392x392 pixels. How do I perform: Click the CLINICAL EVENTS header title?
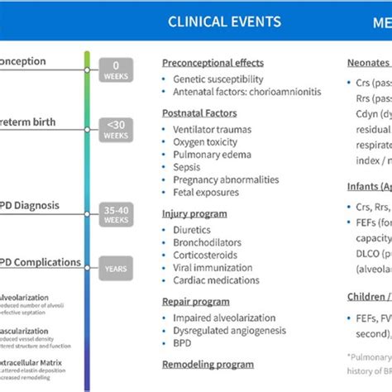225,22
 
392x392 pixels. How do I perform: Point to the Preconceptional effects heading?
213,63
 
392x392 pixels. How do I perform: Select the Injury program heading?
194,214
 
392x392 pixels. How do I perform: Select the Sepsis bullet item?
187,167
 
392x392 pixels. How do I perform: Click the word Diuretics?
193,231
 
